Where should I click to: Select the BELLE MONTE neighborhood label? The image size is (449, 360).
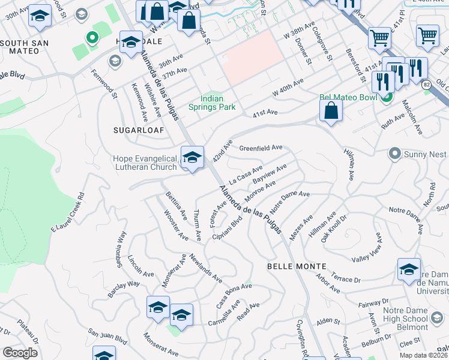[297, 266]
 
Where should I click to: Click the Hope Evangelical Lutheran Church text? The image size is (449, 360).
[145, 163]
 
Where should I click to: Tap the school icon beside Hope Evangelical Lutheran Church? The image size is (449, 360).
[192, 158]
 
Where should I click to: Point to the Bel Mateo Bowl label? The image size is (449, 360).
[348, 97]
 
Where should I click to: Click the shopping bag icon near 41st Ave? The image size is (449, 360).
[331, 111]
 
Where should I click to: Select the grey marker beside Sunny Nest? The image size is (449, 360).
[394, 154]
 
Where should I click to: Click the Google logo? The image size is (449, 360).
[20, 353]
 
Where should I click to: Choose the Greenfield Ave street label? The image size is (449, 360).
[261, 148]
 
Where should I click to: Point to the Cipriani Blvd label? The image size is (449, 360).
[228, 229]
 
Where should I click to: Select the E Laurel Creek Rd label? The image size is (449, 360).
[67, 212]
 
